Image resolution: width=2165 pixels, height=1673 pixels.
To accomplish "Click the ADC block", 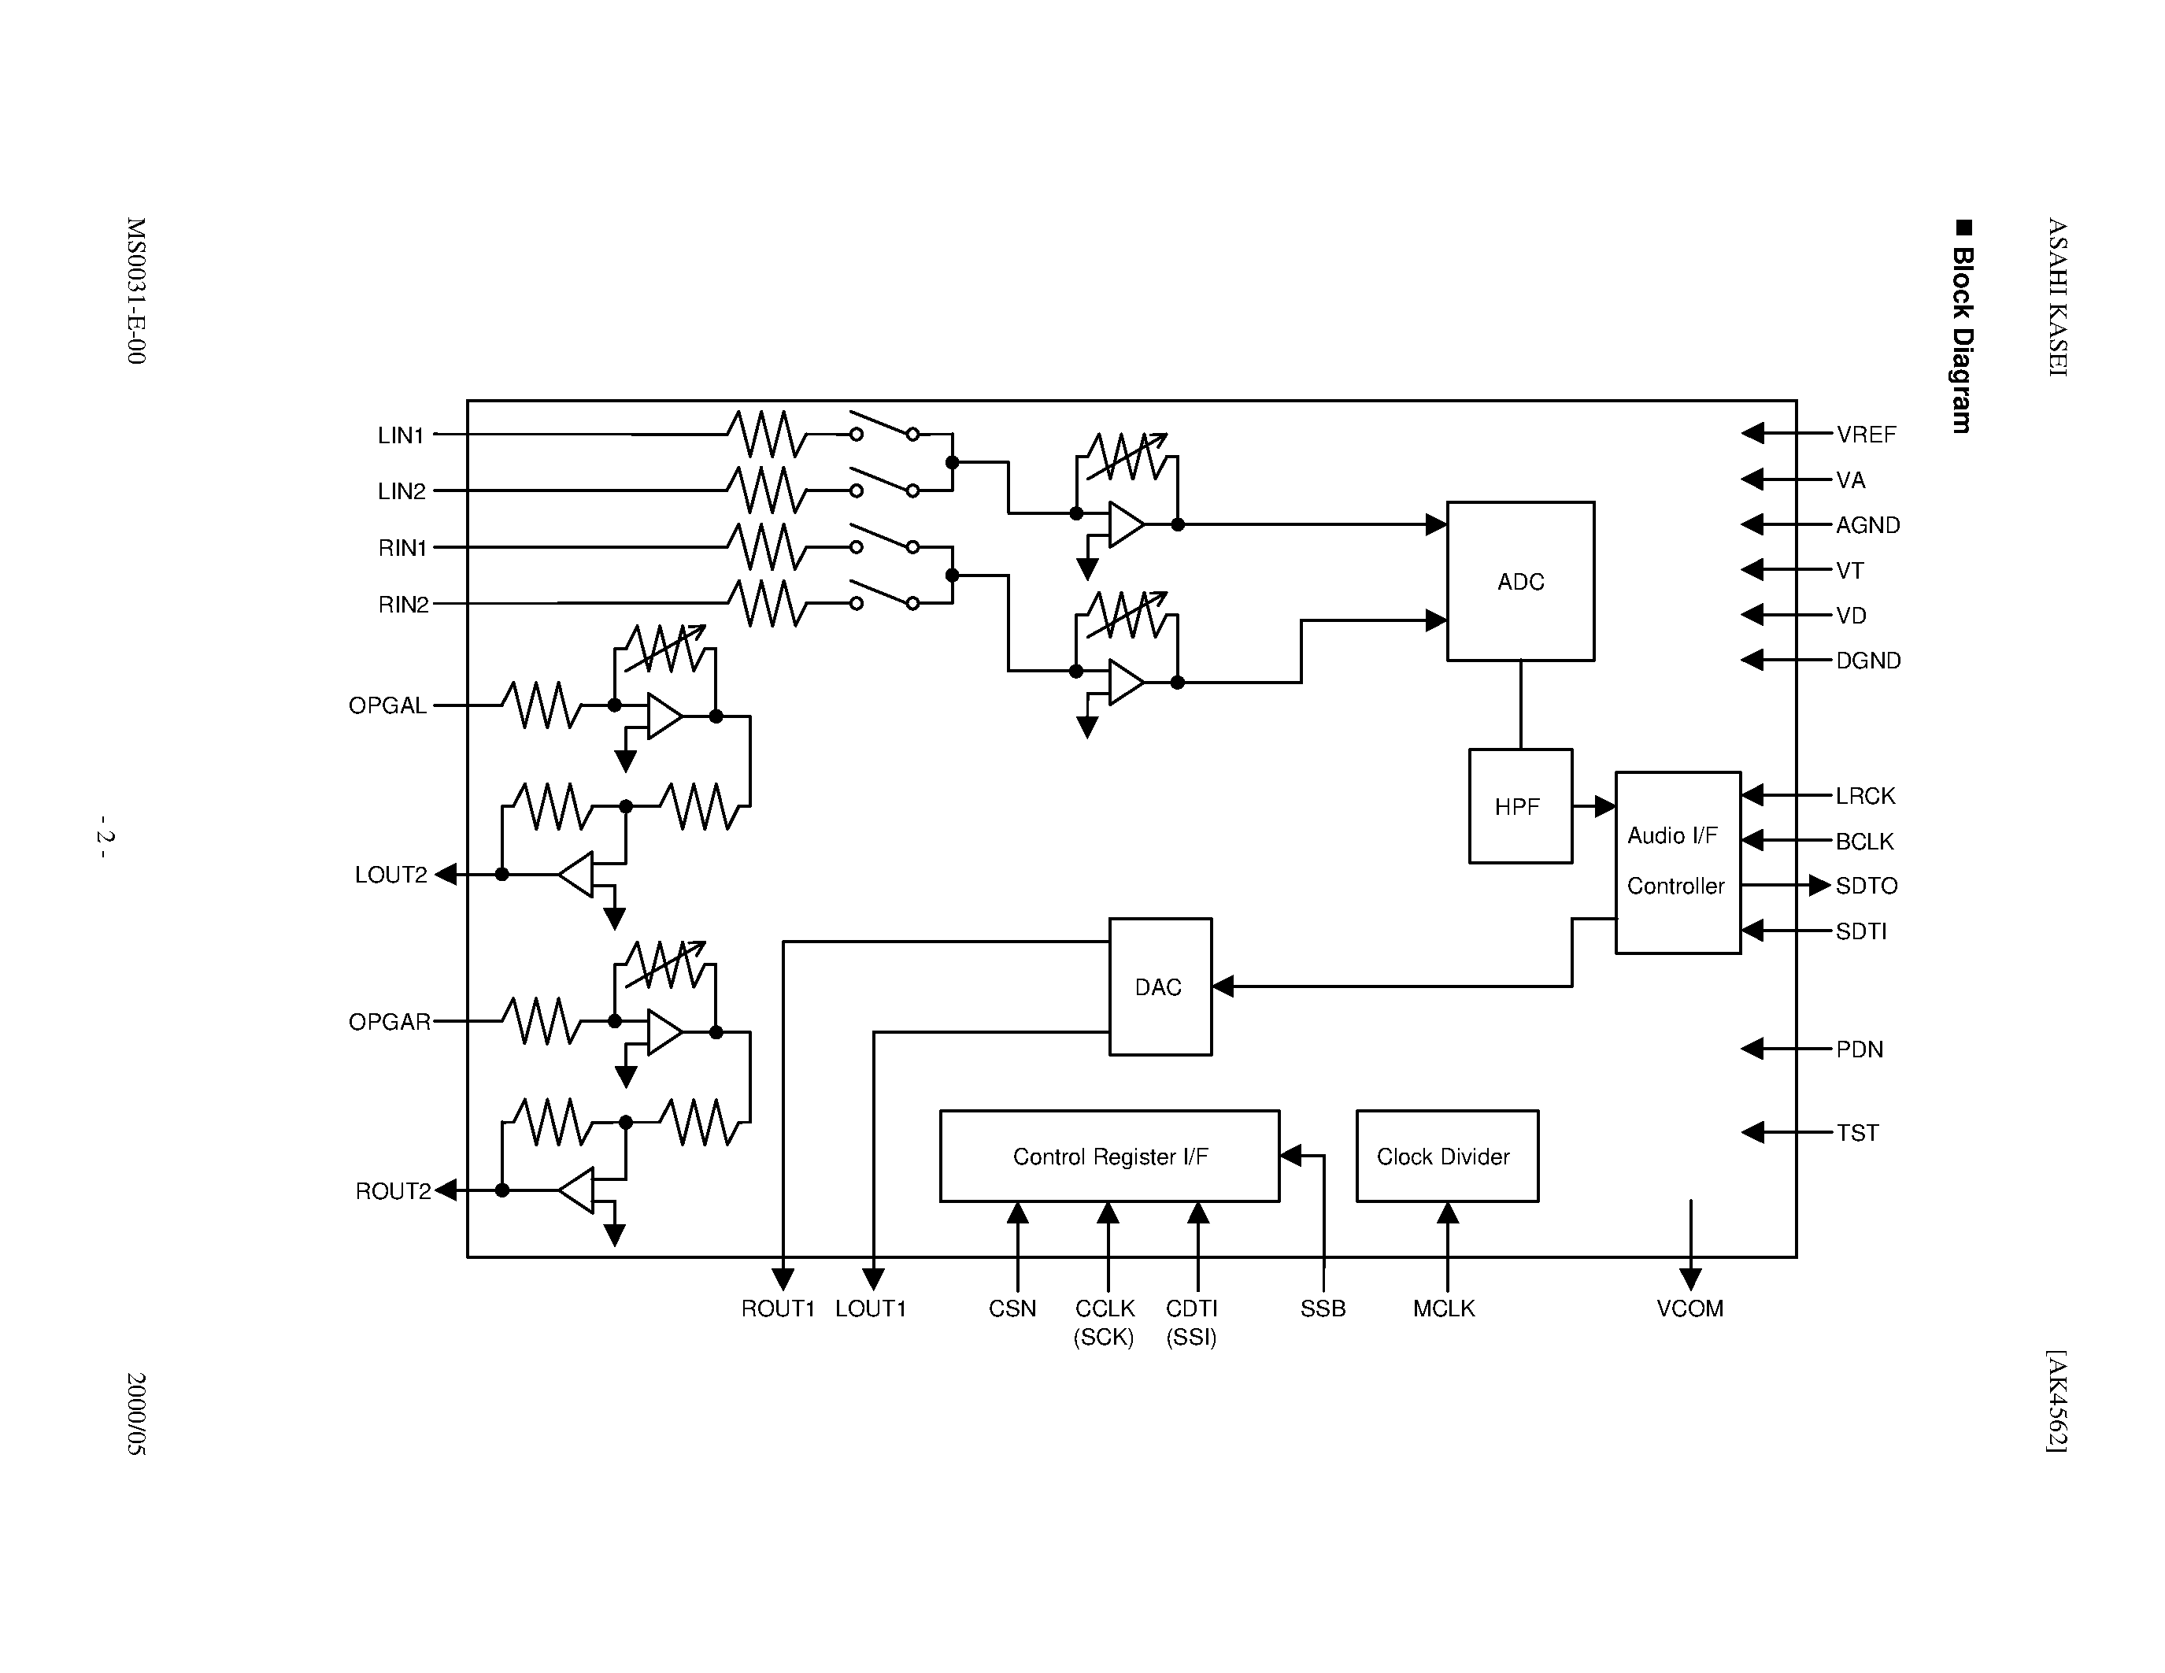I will pyautogui.click(x=1519, y=581).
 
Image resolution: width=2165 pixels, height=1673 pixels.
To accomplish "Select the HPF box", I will pyautogui.click(x=1519, y=805).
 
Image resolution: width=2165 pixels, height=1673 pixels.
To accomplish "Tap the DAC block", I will pyautogui.click(x=1159, y=986).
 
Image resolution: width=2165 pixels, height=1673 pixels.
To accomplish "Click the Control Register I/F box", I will pyautogui.click(x=1109, y=1156).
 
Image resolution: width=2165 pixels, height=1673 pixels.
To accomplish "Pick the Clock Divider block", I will pyautogui.click(x=1446, y=1156).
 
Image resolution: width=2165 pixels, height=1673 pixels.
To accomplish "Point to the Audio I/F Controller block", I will pyautogui.click(x=1676, y=861).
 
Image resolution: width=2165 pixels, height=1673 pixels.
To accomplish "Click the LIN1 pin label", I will pyautogui.click(x=401, y=435).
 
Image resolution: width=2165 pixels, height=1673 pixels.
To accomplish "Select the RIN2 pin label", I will pyautogui.click(x=403, y=604).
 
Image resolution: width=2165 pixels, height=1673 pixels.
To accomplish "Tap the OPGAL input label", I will pyautogui.click(x=387, y=705).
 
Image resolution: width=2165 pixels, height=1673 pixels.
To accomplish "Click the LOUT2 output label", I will pyautogui.click(x=390, y=874).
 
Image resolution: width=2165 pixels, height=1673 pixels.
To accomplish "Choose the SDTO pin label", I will pyautogui.click(x=1866, y=885).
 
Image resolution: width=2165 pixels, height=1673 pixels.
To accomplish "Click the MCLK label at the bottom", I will pyautogui.click(x=1443, y=1308).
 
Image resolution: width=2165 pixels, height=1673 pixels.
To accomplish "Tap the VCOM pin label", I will pyautogui.click(x=1689, y=1308).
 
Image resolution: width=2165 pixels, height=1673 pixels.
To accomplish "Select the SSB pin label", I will pyautogui.click(x=1323, y=1308).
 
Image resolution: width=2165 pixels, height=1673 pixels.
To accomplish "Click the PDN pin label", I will pyautogui.click(x=1859, y=1049).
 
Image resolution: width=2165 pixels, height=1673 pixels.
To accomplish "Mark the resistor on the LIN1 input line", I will pyautogui.click(x=766, y=434).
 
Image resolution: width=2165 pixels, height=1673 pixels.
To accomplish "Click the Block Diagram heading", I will pyautogui.click(x=1962, y=326).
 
